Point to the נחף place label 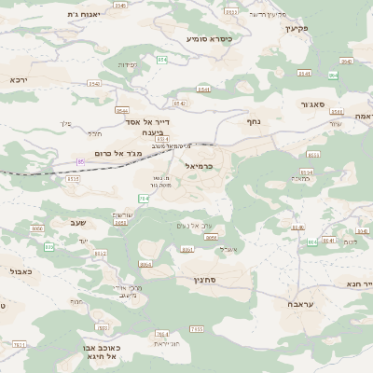point(254,120)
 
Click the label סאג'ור point(311,104)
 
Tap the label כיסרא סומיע point(209,38)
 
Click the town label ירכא point(19,80)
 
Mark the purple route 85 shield point(80,161)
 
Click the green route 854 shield point(162,60)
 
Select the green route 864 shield point(333,75)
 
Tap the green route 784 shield point(144,198)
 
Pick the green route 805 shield point(49,246)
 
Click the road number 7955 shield point(196,328)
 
